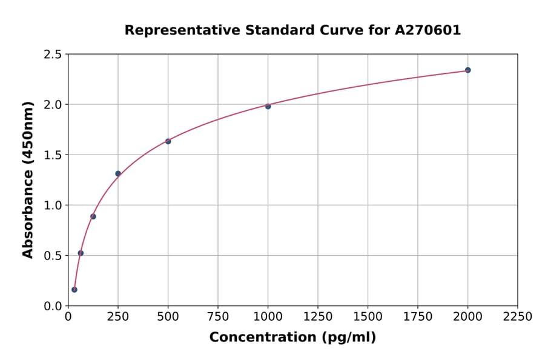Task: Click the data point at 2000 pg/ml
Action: click(467, 70)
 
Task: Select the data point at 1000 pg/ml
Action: click(268, 106)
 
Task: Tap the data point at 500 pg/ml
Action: click(168, 141)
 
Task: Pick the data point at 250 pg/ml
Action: click(118, 173)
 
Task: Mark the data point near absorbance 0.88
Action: click(93, 216)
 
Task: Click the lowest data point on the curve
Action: click(74, 290)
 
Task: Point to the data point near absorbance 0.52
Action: click(81, 253)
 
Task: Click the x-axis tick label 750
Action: click(218, 317)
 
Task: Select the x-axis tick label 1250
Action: click(317, 317)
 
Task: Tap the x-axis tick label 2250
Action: click(517, 317)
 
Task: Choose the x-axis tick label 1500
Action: click(368, 317)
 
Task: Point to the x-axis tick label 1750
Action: click(417, 317)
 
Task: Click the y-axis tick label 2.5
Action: click(53, 55)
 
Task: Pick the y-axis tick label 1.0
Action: click(53, 205)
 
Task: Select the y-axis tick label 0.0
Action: click(53, 306)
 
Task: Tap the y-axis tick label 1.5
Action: click(53, 155)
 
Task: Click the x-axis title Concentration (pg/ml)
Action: click(292, 338)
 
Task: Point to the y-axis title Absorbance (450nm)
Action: click(28, 179)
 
